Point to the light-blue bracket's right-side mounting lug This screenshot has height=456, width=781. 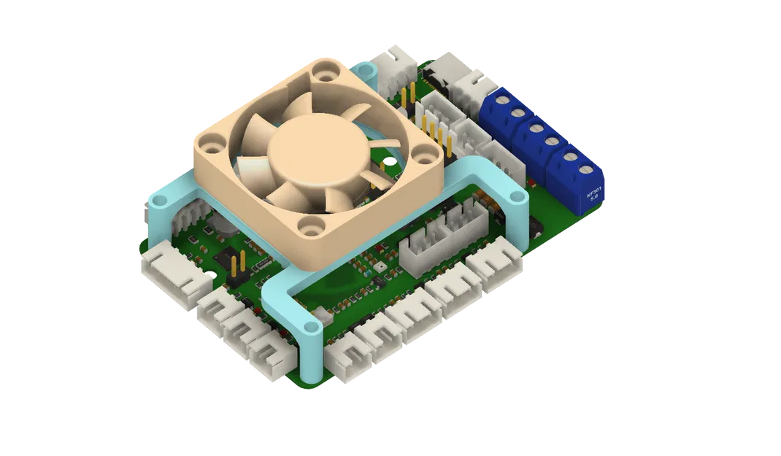[x=518, y=197]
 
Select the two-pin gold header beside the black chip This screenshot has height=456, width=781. [x=236, y=268]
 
